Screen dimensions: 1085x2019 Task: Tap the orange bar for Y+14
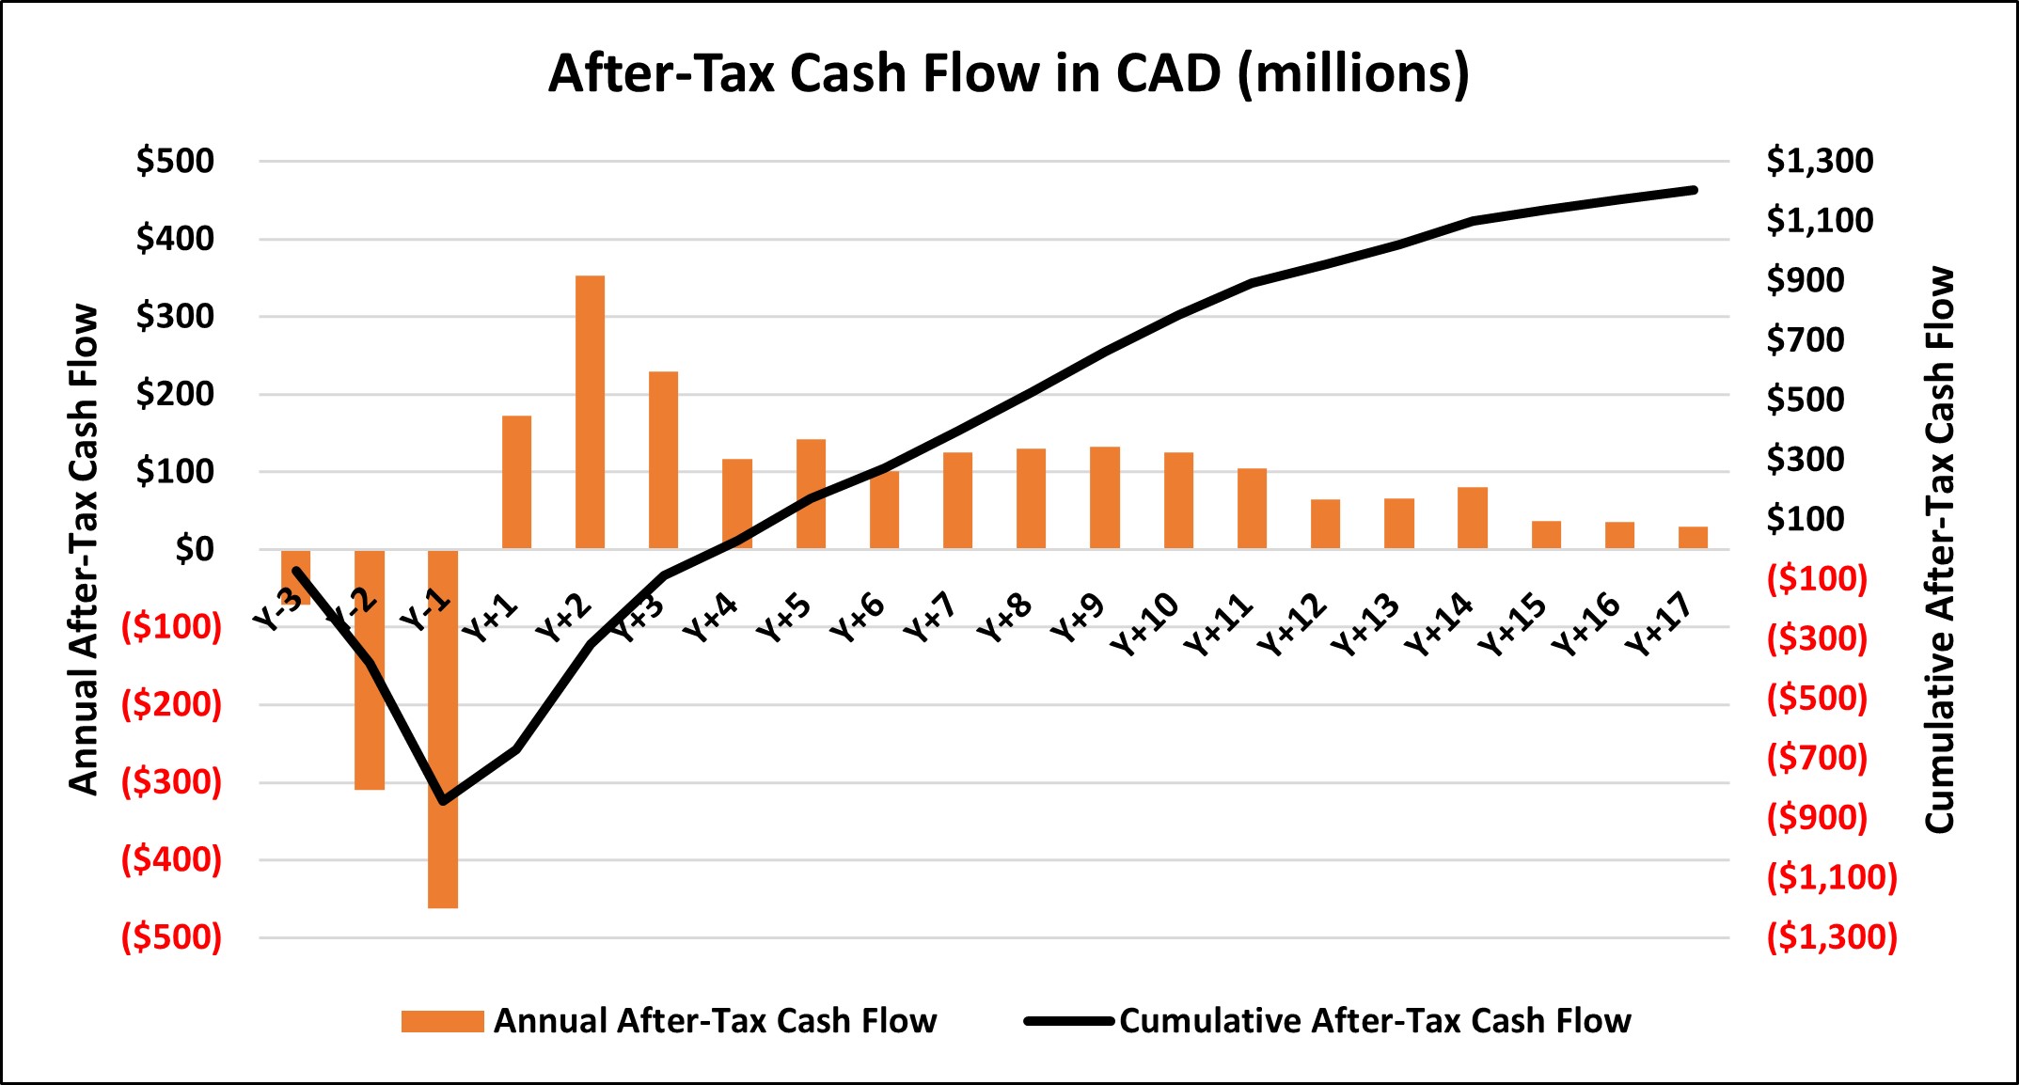point(1473,518)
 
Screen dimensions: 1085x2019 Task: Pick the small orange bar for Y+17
point(1693,538)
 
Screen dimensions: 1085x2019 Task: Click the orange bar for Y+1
point(516,481)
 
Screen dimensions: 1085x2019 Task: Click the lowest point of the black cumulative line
point(444,800)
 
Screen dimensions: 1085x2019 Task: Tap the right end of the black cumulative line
point(1694,190)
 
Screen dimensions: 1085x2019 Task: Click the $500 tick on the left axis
point(175,161)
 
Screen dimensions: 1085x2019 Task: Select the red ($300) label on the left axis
point(171,781)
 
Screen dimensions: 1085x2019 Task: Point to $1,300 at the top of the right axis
point(1819,161)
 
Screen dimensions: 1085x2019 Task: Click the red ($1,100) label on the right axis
point(1831,877)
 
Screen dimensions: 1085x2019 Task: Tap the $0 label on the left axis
point(194,549)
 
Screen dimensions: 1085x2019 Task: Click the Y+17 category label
point(1659,624)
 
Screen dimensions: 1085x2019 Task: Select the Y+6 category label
point(857,618)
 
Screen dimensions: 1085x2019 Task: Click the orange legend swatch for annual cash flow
point(442,1021)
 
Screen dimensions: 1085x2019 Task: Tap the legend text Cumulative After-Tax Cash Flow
point(1374,1021)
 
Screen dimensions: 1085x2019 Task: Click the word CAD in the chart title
point(1168,73)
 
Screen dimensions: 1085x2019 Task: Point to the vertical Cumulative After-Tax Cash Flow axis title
point(1940,549)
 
